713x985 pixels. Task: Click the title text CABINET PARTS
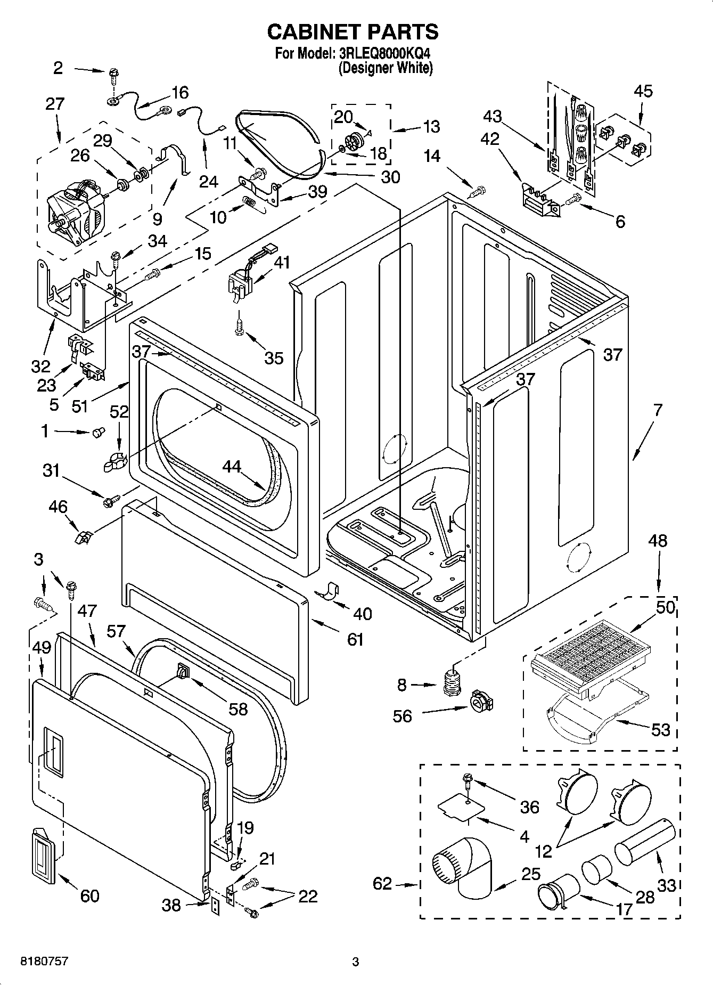click(x=353, y=32)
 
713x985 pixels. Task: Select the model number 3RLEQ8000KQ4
click(x=384, y=54)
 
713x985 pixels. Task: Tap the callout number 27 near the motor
click(x=55, y=104)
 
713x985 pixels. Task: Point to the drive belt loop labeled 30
click(x=277, y=141)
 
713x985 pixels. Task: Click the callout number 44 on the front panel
click(x=232, y=467)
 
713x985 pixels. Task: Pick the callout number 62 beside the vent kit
click(x=382, y=884)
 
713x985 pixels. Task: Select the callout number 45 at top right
click(x=643, y=91)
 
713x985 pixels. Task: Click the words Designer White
click(x=386, y=68)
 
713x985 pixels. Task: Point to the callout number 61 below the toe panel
click(x=355, y=639)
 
